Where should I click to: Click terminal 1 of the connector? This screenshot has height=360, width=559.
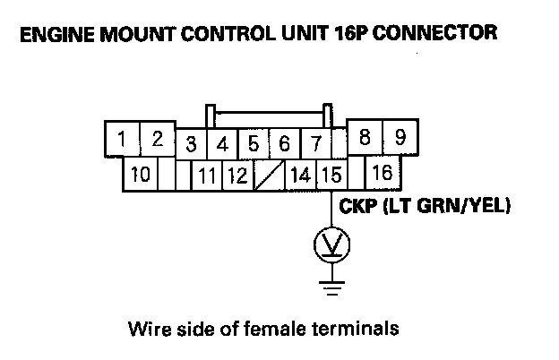122,140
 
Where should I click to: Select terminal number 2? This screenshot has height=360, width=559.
156,140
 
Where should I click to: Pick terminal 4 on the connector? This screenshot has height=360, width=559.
222,144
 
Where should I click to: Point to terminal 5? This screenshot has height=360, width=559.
254,144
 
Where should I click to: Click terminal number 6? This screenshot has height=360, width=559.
285,144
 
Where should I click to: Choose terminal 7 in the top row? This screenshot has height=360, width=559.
315,144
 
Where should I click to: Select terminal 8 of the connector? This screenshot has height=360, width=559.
365,140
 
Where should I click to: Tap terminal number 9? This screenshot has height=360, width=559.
400,140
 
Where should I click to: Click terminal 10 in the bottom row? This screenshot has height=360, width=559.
140,173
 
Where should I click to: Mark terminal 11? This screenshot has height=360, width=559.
207,175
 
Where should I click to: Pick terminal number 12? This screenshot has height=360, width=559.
236,175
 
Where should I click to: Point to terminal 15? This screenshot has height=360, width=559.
330,175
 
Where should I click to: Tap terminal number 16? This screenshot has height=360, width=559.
383,173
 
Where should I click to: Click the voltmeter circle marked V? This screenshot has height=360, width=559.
331,243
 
